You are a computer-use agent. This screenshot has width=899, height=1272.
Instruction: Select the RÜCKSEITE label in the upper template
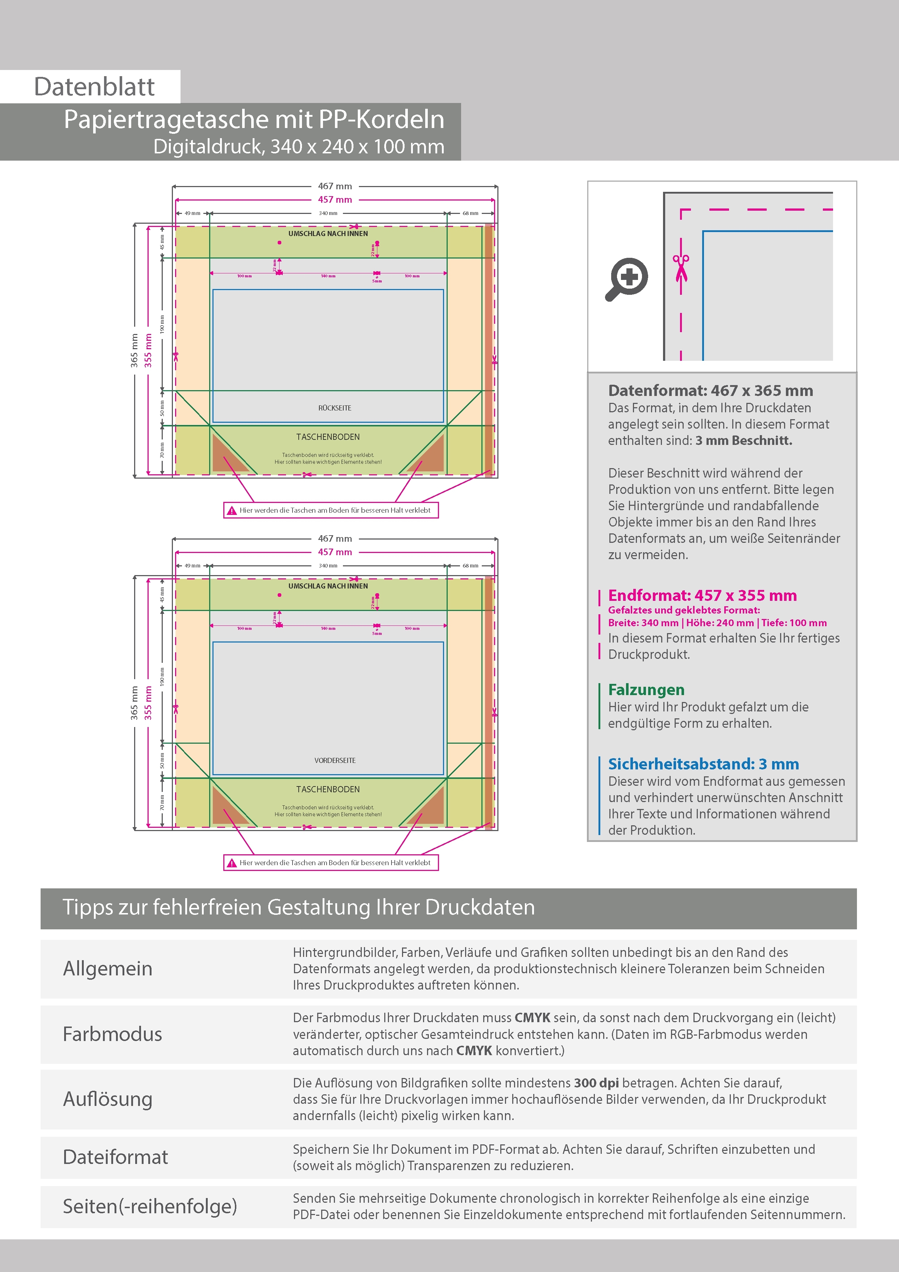coord(335,408)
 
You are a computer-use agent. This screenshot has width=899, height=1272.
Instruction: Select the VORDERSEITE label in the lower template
coord(335,760)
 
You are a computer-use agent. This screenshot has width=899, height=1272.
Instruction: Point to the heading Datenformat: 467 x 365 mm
coord(710,391)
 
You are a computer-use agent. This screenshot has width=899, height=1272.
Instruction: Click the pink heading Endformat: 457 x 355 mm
coord(702,595)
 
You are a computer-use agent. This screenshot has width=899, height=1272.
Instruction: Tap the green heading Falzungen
coord(646,690)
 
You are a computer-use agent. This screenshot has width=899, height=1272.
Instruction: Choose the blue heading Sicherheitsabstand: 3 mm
coord(703,764)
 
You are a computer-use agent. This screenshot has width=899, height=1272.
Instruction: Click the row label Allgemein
coord(107,969)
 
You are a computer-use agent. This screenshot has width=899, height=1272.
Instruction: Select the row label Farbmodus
coord(112,1034)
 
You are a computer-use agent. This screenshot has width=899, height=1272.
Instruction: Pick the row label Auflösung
coord(107,1099)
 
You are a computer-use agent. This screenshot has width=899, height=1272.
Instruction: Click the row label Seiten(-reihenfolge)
coord(150,1206)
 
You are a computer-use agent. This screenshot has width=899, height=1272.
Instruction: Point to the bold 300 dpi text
coord(596,1083)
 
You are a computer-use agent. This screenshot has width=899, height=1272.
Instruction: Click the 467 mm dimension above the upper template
coord(335,186)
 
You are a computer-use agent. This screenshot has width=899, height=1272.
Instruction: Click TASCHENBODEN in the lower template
coord(328,789)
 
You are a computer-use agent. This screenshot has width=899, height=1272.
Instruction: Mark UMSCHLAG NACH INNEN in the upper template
coord(328,234)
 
